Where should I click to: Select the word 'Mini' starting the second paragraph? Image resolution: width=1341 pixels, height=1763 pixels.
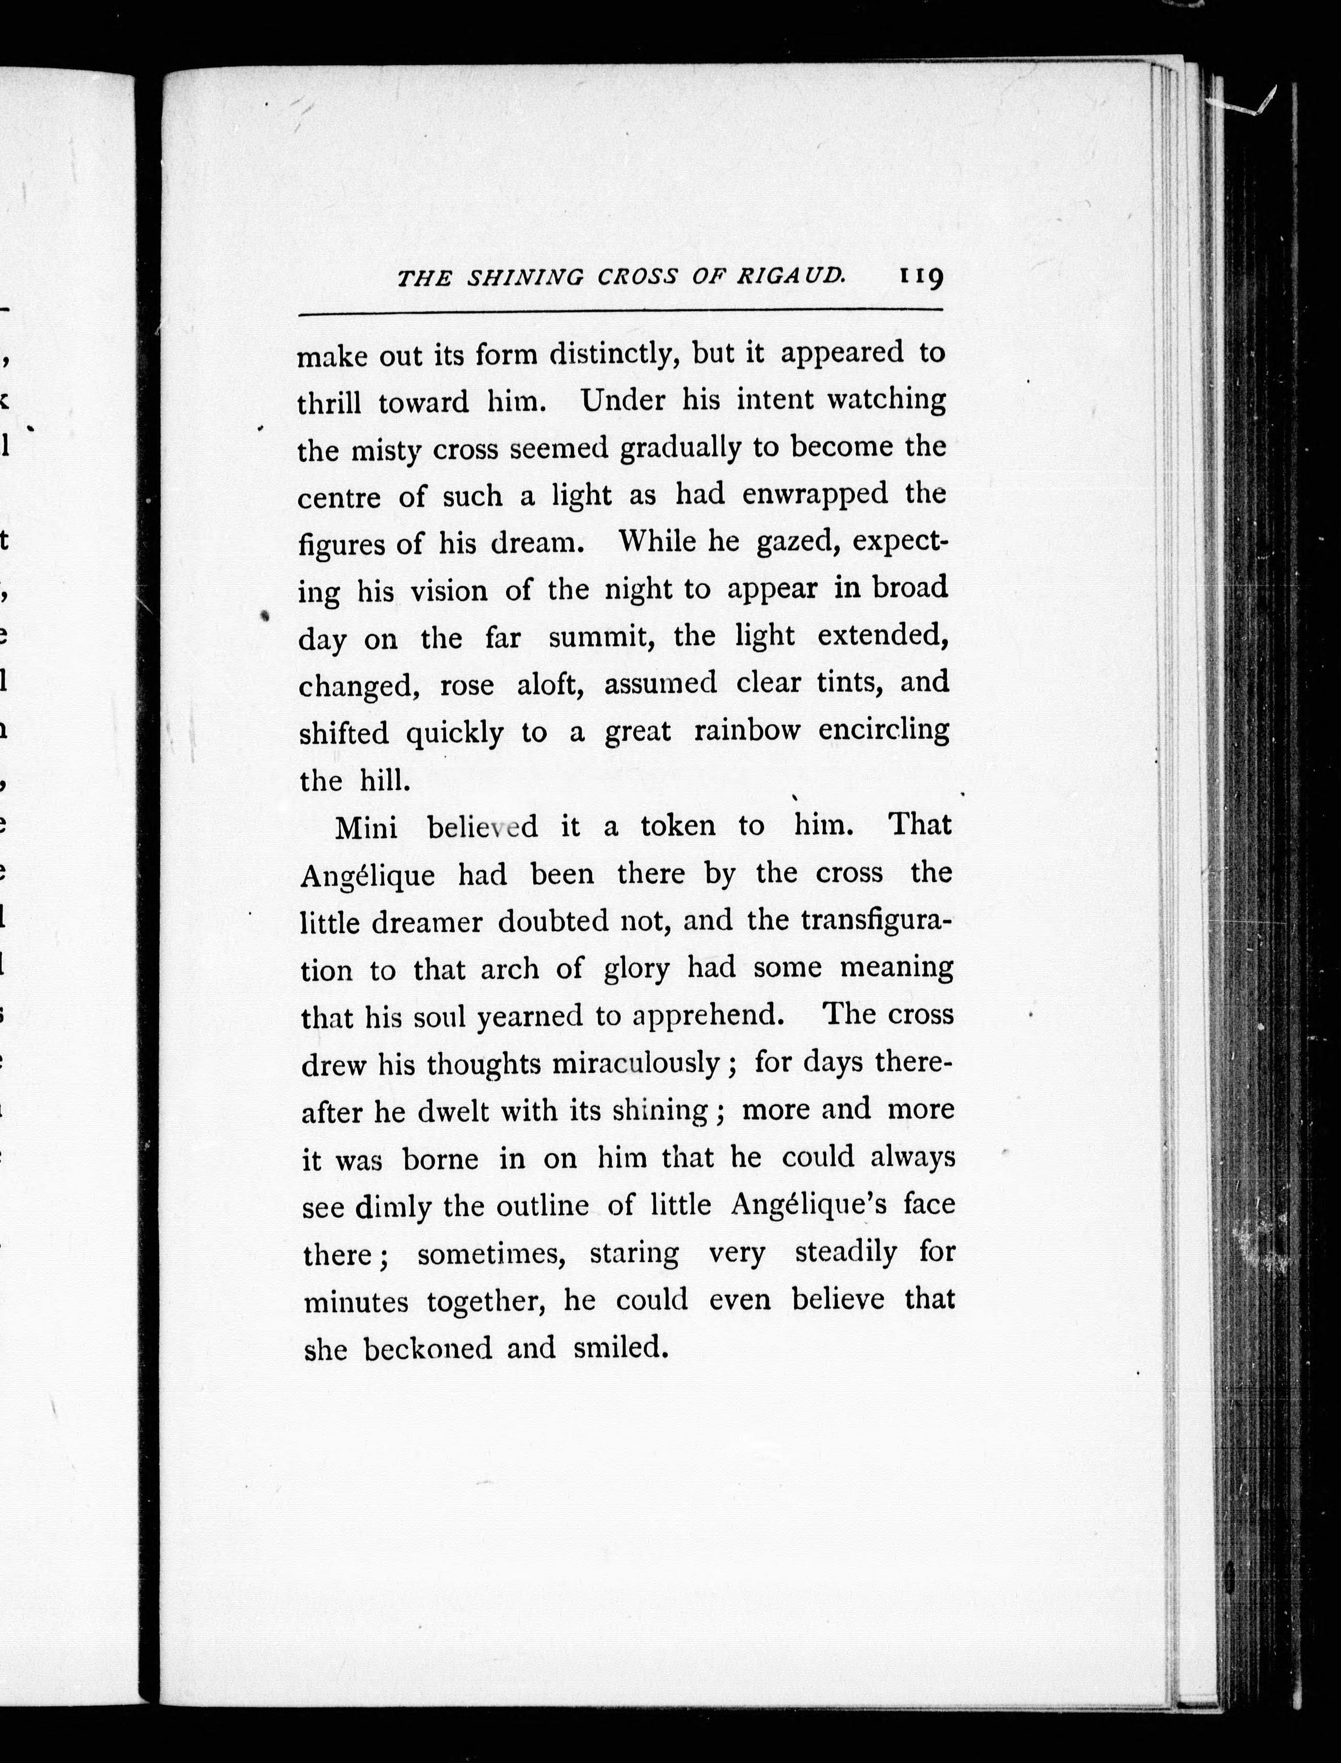[366, 828]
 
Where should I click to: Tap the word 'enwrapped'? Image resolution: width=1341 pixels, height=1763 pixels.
[814, 495]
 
